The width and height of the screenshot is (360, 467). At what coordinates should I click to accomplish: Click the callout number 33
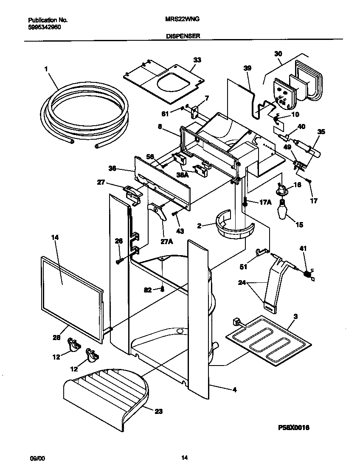[197, 60]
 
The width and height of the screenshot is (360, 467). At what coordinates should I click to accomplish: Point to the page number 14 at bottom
[184, 458]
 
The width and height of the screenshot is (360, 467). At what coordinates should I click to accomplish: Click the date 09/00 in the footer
[37, 458]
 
